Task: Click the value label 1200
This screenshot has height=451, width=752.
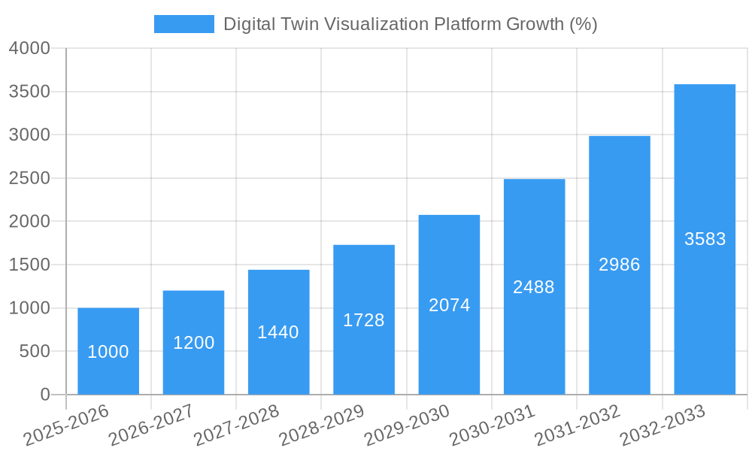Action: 193,343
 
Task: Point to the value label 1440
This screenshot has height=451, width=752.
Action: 278,332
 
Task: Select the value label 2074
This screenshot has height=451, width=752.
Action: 449,305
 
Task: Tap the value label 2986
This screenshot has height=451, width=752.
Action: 619,265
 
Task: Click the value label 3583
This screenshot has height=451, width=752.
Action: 705,239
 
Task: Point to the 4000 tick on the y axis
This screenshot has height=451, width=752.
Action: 29,48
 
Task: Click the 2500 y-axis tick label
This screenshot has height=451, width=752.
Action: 29,178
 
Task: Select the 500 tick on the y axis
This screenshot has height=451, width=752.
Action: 35,351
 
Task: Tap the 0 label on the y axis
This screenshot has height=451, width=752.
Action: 45,395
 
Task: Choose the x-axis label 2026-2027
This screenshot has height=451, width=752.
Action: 151,425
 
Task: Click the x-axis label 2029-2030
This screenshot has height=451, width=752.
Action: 407,425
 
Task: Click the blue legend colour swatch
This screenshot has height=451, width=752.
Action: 183,24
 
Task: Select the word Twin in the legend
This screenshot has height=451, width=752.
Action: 302,24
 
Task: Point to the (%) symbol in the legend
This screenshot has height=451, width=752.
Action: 583,24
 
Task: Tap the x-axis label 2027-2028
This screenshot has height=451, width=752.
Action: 236,425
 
